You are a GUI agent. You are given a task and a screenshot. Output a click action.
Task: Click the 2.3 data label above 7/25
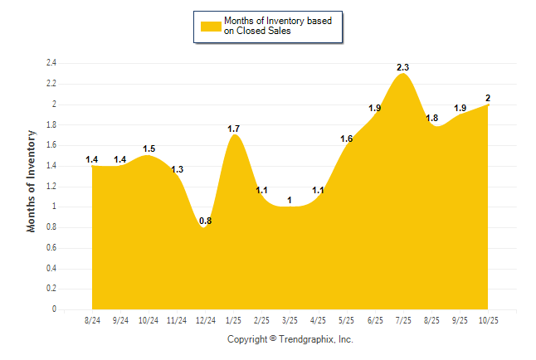tap(402, 66)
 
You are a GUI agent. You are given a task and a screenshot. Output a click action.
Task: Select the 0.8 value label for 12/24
tap(205, 221)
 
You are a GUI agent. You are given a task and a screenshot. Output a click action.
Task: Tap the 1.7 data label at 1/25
tap(234, 129)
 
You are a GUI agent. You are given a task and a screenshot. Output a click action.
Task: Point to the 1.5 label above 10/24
tap(149, 148)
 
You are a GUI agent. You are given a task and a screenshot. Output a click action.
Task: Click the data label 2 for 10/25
tap(488, 98)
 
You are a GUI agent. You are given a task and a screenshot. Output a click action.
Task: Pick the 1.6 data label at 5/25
tap(346, 139)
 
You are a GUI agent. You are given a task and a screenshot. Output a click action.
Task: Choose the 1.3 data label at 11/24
tap(177, 169)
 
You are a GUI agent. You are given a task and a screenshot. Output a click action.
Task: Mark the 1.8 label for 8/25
tap(431, 119)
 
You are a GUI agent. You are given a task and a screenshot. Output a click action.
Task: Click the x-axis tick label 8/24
tap(92, 319)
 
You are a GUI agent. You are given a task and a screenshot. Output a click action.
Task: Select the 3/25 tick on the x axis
tap(290, 319)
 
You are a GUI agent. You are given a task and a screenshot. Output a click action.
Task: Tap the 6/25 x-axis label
tap(374, 319)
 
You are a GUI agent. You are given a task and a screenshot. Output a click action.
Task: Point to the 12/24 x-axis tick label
tap(205, 319)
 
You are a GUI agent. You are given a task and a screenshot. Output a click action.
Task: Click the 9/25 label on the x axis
tap(459, 319)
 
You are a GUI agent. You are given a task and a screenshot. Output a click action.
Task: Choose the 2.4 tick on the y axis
tap(51, 63)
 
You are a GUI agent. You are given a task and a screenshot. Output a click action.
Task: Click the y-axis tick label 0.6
tap(51, 248)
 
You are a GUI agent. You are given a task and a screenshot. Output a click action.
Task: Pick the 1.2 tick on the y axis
tap(51, 187)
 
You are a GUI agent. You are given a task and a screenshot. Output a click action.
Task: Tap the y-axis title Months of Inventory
tap(32, 180)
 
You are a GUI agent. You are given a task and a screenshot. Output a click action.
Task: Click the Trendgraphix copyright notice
tap(290, 339)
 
